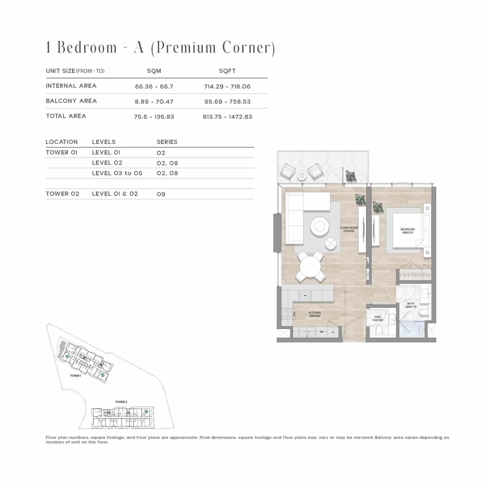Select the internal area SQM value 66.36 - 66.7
(x=154, y=87)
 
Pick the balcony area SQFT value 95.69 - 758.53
(x=227, y=102)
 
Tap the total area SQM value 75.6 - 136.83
(x=154, y=117)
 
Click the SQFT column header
(x=227, y=71)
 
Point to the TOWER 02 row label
(x=63, y=194)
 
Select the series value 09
(x=161, y=194)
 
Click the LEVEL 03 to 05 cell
(x=117, y=173)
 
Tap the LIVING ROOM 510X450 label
(x=349, y=229)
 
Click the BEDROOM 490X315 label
(x=407, y=231)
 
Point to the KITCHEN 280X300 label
(x=315, y=314)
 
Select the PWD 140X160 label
(x=377, y=319)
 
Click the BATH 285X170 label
(x=411, y=305)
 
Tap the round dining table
(x=310, y=267)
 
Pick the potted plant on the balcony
(x=351, y=176)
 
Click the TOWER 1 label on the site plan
(x=75, y=376)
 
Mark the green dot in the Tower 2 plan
(x=146, y=411)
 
